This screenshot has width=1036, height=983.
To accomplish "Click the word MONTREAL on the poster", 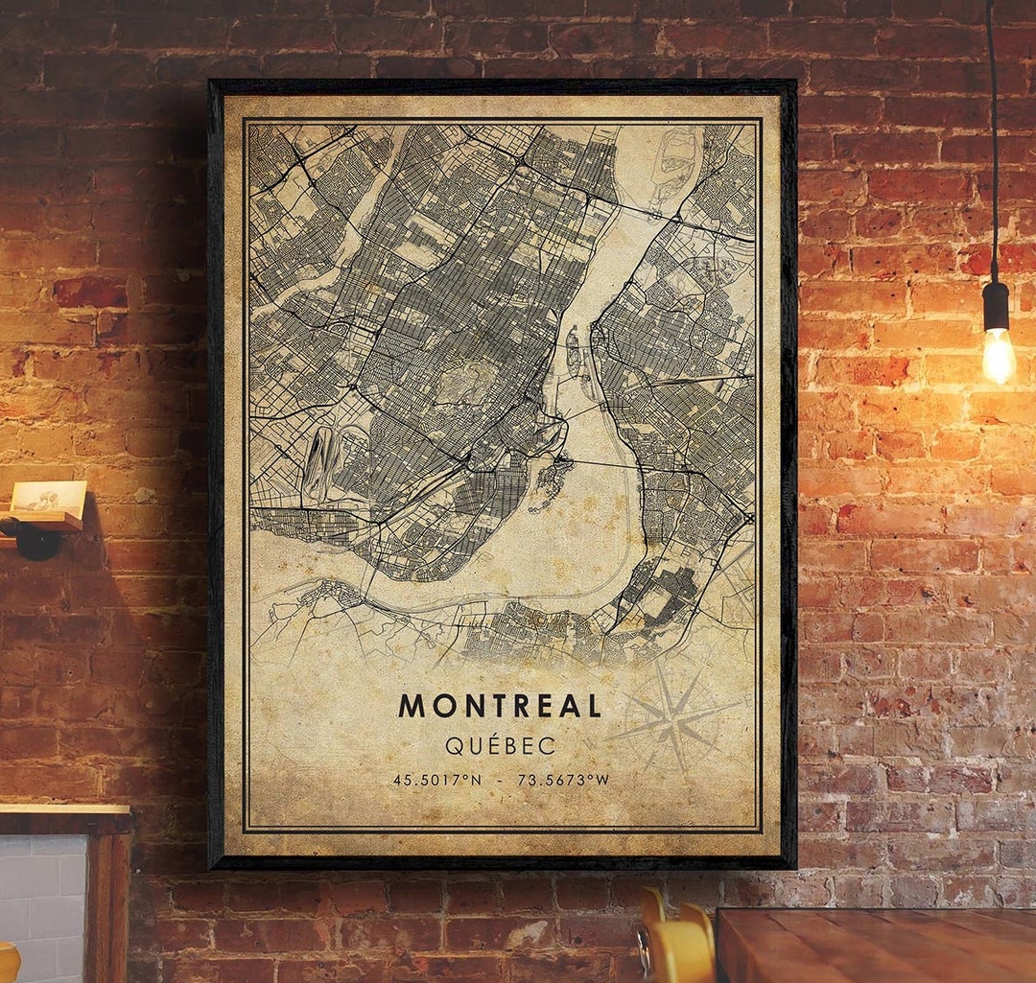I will coord(500,706).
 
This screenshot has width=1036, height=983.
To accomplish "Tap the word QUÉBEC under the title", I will coord(500,745).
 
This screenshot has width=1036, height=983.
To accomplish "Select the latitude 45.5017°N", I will coord(437,780).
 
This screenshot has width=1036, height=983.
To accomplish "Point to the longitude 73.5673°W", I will coord(563,780).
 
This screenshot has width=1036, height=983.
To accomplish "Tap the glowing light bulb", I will coord(998,355).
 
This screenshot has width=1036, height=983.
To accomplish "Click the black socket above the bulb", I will coord(996,306).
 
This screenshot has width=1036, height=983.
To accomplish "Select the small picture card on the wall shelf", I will coord(48,497).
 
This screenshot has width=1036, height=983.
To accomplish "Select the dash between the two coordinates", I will coord(500,780).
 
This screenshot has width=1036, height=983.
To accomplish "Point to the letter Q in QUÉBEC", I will coord(452,745).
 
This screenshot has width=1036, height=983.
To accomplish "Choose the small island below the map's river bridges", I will coord(550,480).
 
